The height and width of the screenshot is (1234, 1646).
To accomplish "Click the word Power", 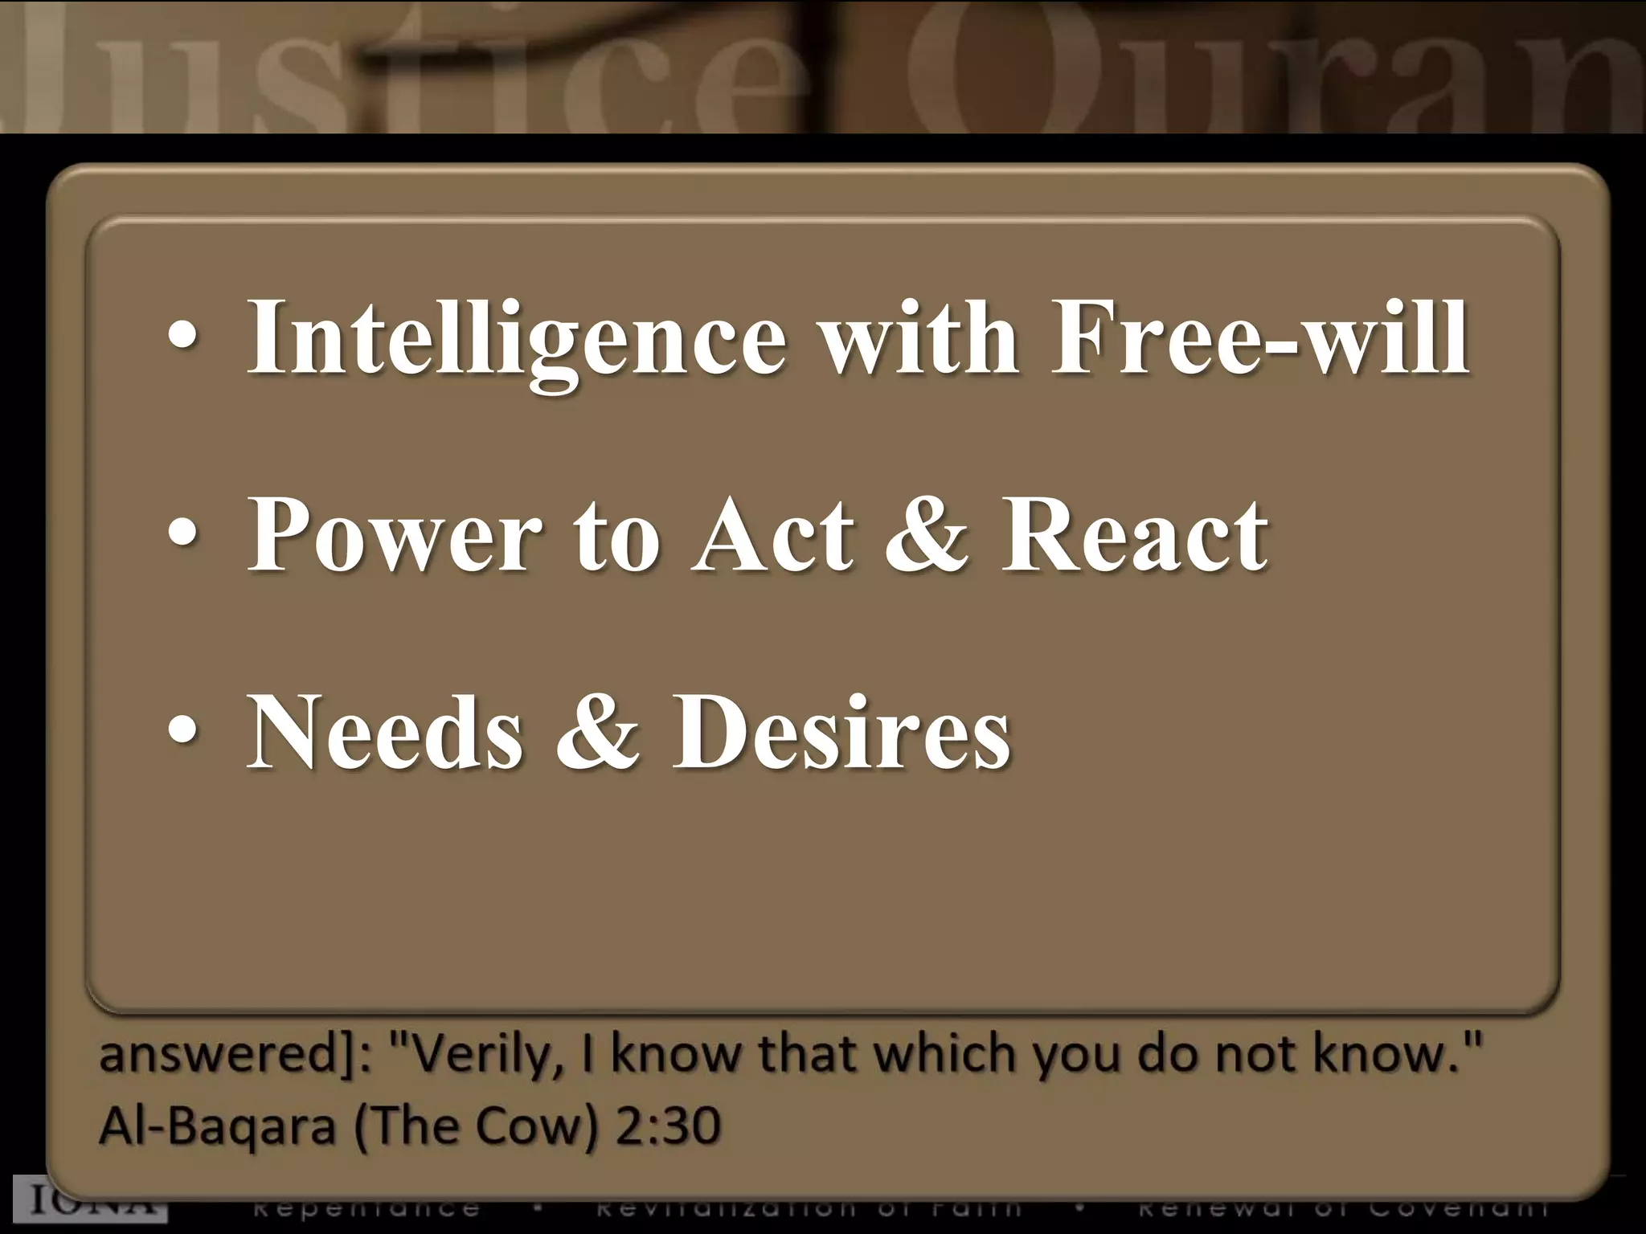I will coord(395,534).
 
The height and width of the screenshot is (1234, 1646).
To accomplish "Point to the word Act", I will coord(772,534).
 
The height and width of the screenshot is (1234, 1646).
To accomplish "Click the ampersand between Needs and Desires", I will coord(597,732).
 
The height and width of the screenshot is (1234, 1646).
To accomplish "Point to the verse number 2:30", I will coord(667,1126).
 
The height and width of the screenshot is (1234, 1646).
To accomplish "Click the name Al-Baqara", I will coord(217,1126).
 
